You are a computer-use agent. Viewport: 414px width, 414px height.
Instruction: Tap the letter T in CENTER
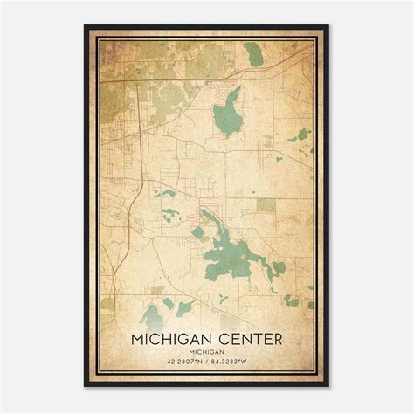(252, 336)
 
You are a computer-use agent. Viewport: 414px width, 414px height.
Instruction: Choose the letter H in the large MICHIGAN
(170, 336)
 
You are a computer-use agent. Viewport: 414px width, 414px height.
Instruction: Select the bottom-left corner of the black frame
(85, 387)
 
